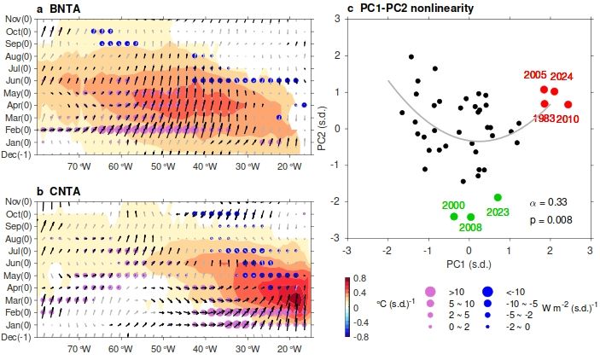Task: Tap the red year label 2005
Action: (537, 75)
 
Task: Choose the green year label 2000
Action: (454, 206)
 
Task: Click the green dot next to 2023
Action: (498, 197)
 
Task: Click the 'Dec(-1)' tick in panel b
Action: (17, 338)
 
